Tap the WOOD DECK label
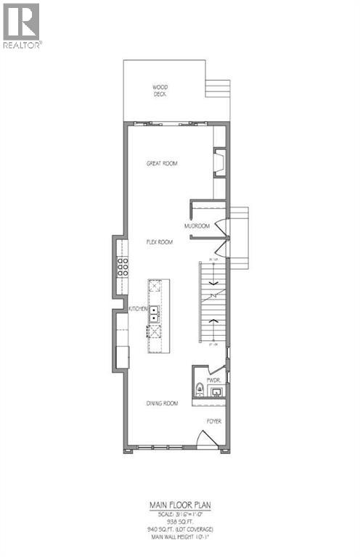coord(160,90)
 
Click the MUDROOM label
coord(197,226)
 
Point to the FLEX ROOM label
coord(160,242)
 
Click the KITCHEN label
coord(139,309)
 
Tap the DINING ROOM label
coord(160,403)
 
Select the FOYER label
coord(213,421)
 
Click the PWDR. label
coord(213,379)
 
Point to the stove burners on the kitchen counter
coord(123,265)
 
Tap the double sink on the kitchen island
coord(155,314)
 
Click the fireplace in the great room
coord(219,163)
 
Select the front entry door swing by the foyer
coord(209,440)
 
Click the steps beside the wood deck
coord(216,88)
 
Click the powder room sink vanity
coord(215,392)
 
